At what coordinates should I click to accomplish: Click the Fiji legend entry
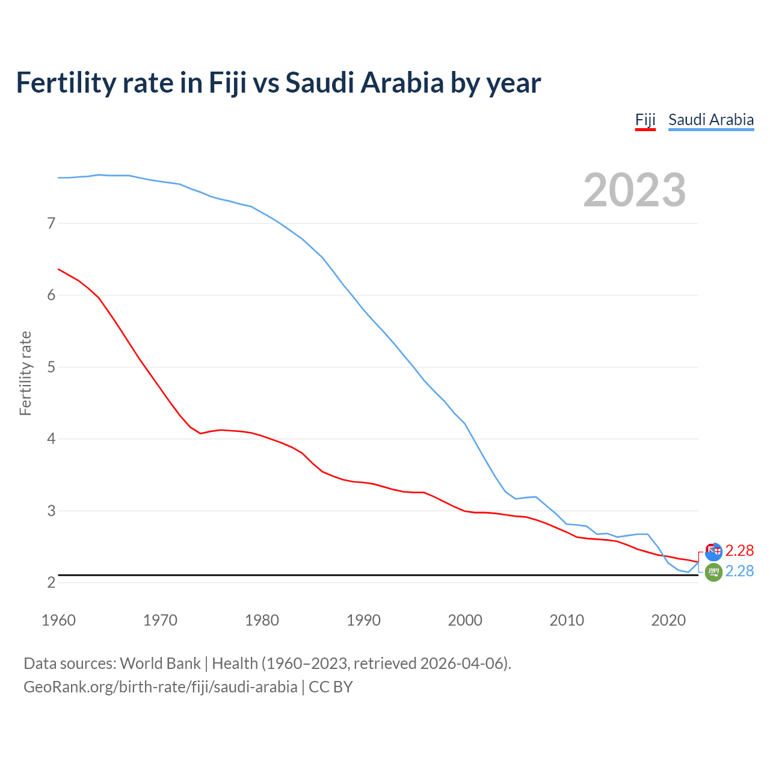click(645, 120)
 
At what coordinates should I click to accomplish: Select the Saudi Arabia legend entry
click(711, 120)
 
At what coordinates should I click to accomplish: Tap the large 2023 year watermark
click(635, 190)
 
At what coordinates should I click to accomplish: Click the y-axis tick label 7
click(51, 223)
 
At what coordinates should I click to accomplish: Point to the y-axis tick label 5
click(51, 367)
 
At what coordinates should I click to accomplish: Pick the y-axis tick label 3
click(51, 511)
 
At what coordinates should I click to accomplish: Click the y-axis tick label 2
click(51, 582)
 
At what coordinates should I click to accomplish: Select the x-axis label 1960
click(58, 620)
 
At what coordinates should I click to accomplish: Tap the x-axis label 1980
click(262, 620)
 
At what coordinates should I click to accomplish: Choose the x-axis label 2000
click(465, 620)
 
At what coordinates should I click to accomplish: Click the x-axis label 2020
click(668, 620)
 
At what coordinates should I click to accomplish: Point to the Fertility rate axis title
click(25, 373)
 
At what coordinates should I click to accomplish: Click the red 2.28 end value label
click(739, 550)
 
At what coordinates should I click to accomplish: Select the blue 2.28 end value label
click(739, 571)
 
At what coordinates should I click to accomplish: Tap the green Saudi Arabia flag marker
click(713, 573)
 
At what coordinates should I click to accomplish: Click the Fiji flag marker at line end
click(713, 550)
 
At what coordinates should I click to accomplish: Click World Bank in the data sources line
click(160, 664)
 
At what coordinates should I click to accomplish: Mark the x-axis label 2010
click(567, 620)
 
